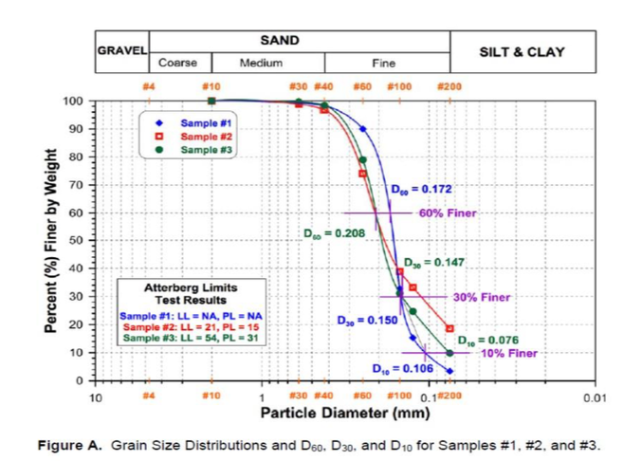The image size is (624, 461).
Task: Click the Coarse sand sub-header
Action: point(177,63)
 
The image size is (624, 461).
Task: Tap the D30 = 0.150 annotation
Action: point(366,321)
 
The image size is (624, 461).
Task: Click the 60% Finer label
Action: point(446,213)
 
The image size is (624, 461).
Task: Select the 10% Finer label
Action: point(508,353)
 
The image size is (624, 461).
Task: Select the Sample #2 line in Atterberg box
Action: point(191,325)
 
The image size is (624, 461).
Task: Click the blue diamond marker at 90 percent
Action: point(362,129)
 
